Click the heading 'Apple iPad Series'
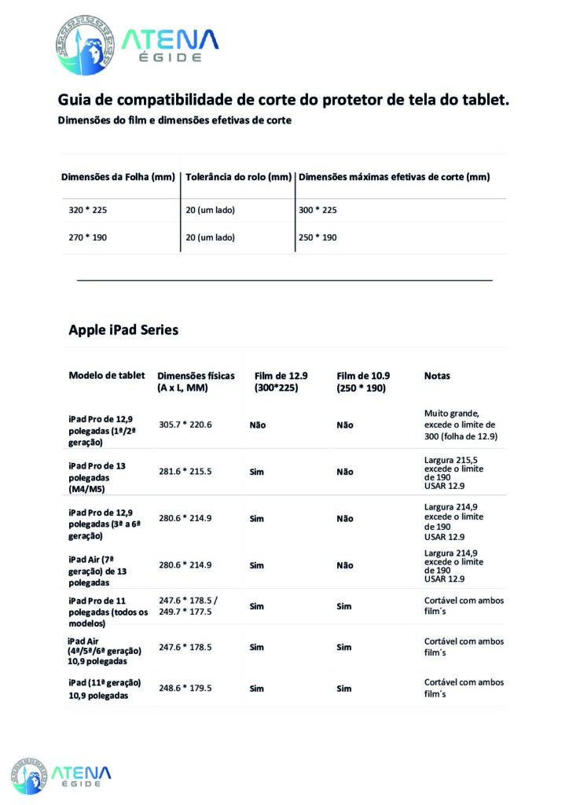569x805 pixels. (123, 329)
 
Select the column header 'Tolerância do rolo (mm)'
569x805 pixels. (238, 177)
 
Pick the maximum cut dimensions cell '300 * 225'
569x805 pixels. (318, 211)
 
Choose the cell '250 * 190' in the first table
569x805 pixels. (318, 237)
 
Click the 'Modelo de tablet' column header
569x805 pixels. (107, 375)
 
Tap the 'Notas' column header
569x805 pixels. (437, 376)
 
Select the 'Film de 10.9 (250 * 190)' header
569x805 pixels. (363, 381)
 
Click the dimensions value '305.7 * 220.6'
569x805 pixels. (185, 425)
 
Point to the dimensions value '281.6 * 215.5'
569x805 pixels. (185, 472)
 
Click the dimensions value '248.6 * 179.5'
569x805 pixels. (185, 688)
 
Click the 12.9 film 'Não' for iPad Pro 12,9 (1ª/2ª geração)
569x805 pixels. (257, 425)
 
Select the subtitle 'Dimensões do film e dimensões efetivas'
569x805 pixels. (174, 121)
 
